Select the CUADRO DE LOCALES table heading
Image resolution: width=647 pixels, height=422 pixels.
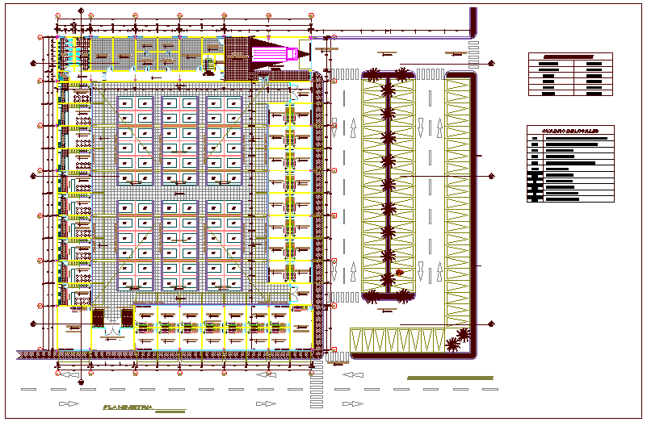tap(569, 130)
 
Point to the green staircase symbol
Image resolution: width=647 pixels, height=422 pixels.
tap(208, 63)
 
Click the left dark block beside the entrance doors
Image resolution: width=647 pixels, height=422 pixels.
tap(99, 318)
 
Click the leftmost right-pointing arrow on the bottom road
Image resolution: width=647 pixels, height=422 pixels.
tap(69, 403)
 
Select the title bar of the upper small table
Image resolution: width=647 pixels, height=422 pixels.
tap(570, 56)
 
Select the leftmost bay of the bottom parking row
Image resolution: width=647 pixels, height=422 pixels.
tap(359, 340)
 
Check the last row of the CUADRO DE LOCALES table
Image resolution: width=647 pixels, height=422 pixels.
tap(569, 198)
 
